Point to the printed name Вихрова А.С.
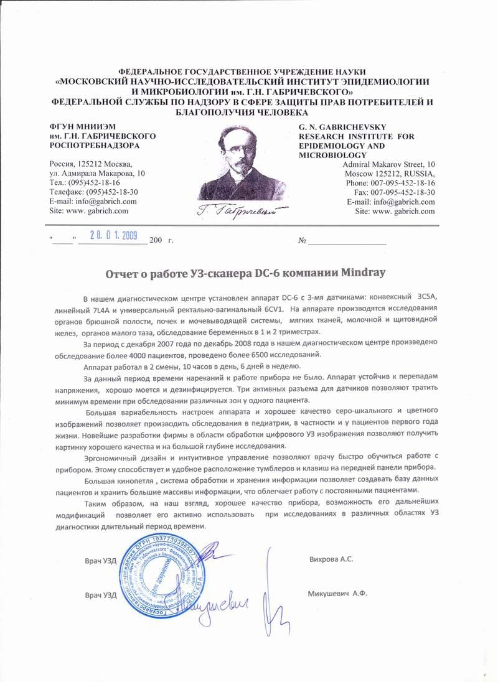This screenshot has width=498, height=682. [x=331, y=559]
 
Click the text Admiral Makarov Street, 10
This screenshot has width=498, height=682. [x=389, y=164]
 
